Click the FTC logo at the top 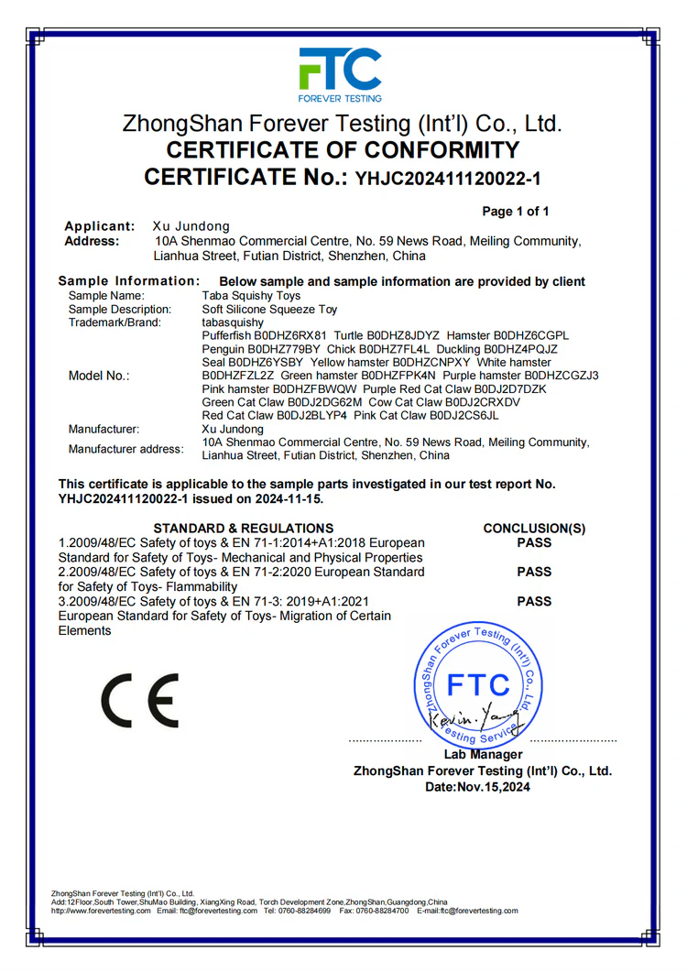[340, 73]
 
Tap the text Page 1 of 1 [516, 212]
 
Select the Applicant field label [100, 226]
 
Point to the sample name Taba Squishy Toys [251, 296]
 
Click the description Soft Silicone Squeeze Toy [269, 310]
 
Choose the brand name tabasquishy [232, 322]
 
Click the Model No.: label [99, 376]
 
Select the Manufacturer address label [125, 449]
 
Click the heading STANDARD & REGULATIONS [244, 528]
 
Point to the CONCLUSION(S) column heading [534, 528]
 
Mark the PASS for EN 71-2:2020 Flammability [534, 572]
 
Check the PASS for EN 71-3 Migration [534, 601]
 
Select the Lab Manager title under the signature [483, 755]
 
